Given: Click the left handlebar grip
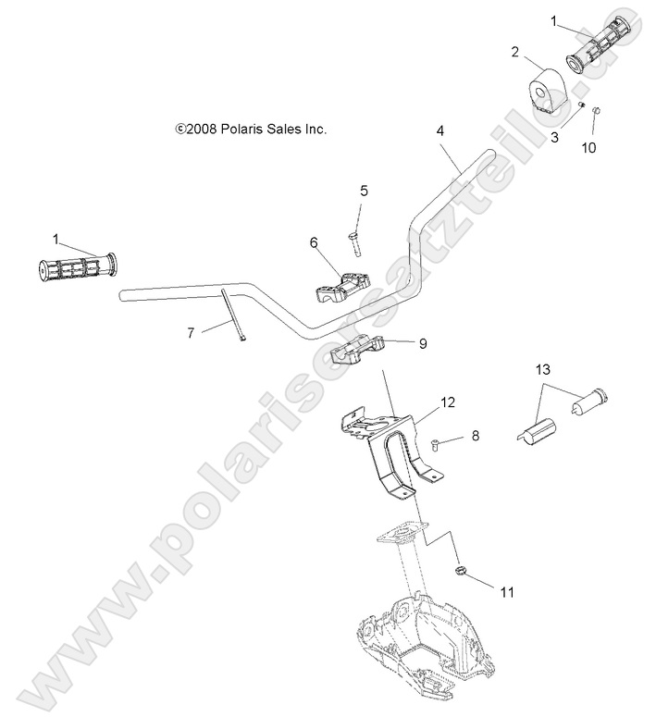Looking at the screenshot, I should (x=77, y=268).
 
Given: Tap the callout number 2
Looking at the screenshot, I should (x=514, y=53).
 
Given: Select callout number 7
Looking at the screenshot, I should (x=191, y=333).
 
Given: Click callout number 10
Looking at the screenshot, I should (x=588, y=146).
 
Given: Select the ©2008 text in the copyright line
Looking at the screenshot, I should (x=195, y=130).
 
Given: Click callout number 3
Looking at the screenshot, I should (x=555, y=138).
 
